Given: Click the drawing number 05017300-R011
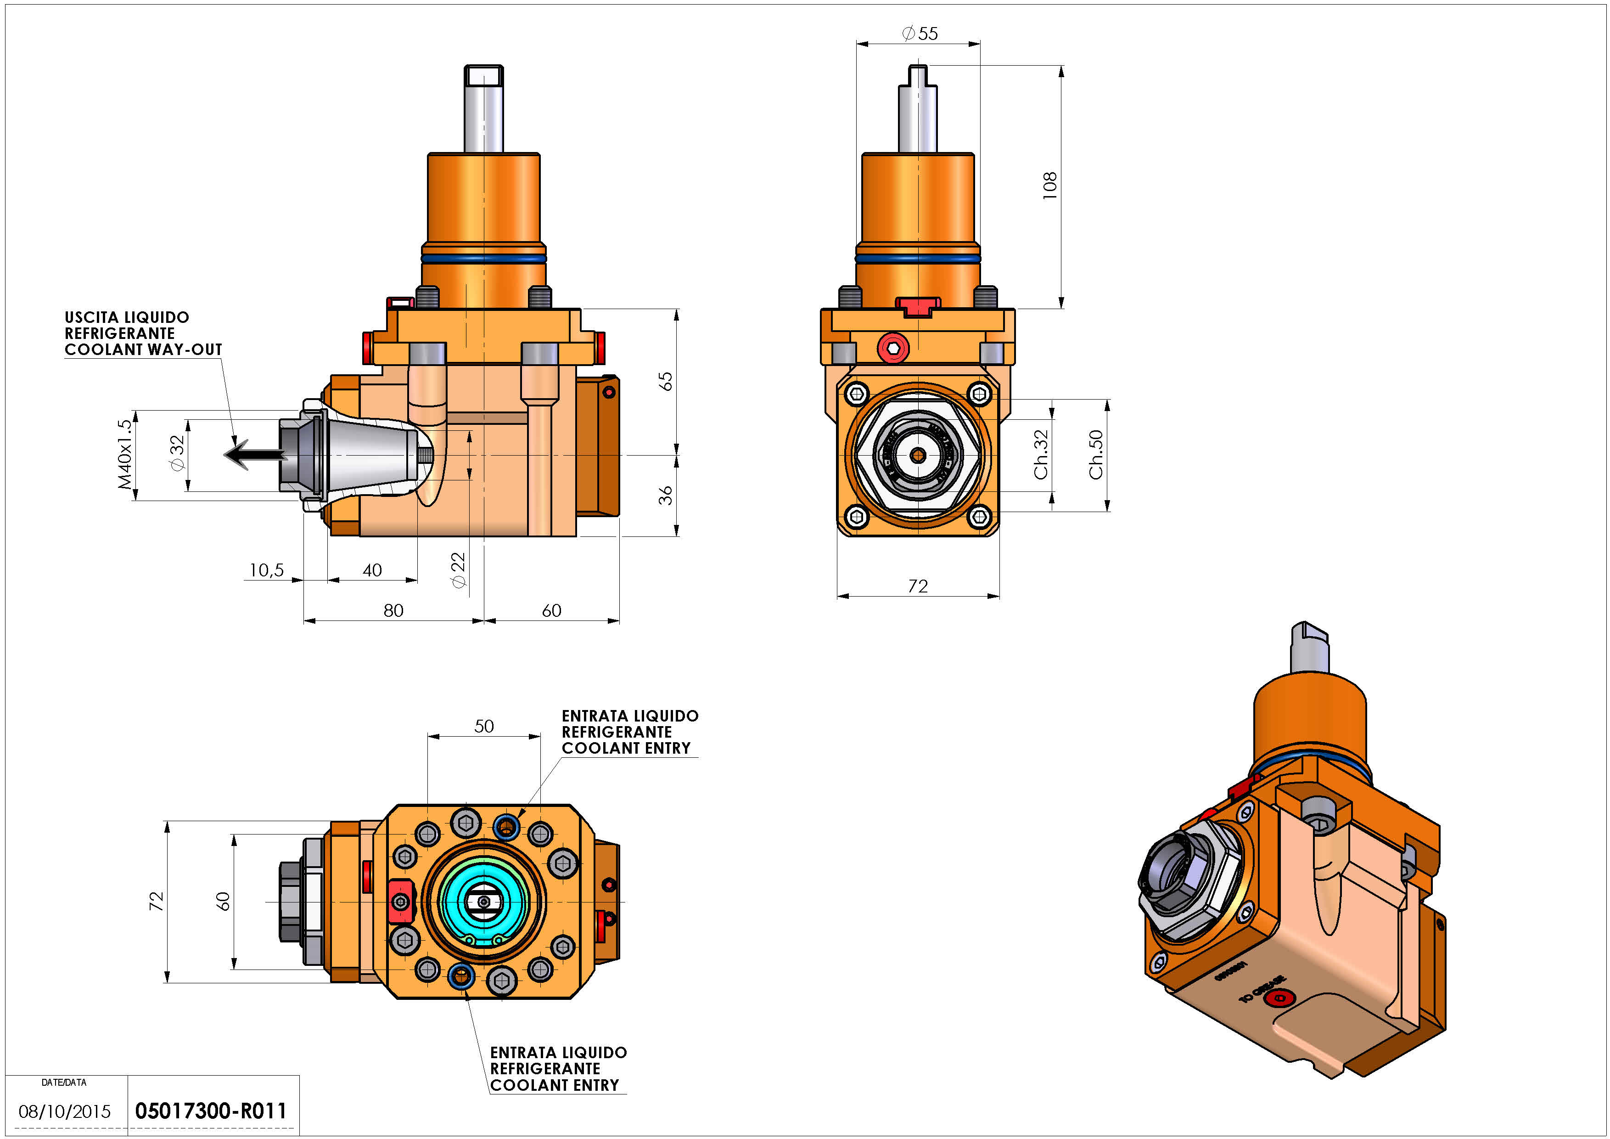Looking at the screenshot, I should (210, 1111).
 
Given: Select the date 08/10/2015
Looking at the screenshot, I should (65, 1111).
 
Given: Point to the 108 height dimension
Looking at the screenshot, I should (1050, 186).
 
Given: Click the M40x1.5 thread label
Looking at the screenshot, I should (125, 455).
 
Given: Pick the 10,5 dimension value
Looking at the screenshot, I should (266, 570).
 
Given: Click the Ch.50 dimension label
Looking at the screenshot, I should (1096, 455).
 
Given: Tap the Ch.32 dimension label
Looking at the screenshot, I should (1041, 455).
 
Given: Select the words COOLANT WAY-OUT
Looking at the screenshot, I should (143, 349).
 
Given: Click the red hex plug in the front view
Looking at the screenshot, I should (893, 348).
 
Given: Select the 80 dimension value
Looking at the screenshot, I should (393, 611).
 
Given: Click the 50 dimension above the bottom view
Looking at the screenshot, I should (484, 726).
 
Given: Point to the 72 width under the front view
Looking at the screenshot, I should (918, 586).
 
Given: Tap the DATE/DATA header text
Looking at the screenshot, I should (64, 1082).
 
